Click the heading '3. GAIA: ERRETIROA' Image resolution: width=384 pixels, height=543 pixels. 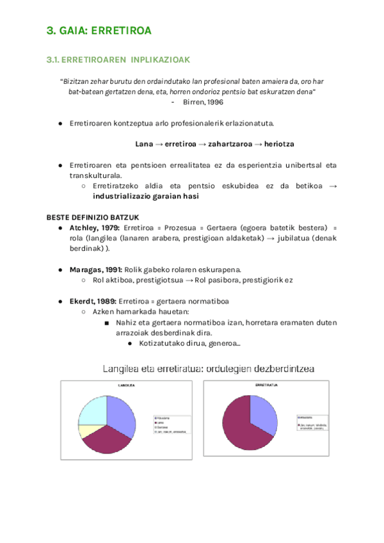click(x=99, y=30)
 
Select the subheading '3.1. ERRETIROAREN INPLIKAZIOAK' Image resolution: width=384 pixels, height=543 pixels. click(x=118, y=60)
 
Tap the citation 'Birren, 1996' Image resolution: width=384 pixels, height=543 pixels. click(x=203, y=101)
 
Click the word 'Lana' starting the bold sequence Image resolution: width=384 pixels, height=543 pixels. click(x=144, y=144)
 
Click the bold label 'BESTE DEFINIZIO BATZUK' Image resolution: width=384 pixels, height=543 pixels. click(x=97, y=217)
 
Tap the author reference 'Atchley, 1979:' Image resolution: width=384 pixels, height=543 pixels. click(x=94, y=228)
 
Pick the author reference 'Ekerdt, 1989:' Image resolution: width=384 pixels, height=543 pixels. click(x=92, y=301)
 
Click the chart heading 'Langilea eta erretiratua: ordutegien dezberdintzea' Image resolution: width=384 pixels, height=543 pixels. click(x=209, y=369)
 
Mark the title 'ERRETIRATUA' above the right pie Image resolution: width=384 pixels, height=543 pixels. click(x=266, y=385)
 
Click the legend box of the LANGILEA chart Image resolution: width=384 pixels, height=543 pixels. click(x=170, y=424)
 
